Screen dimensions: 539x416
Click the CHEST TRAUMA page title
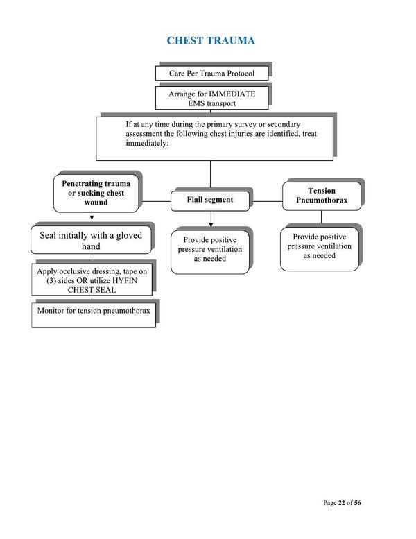coord(211,41)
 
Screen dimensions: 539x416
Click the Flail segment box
coord(210,200)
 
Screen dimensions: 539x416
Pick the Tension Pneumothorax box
coord(321,196)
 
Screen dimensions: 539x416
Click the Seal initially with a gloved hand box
coord(90,241)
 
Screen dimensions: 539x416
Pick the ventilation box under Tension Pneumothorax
coord(320,246)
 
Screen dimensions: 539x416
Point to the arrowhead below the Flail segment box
coord(210,223)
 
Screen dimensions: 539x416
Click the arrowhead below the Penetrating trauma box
coord(92,217)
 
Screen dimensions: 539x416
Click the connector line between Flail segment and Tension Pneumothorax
coord(267,200)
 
